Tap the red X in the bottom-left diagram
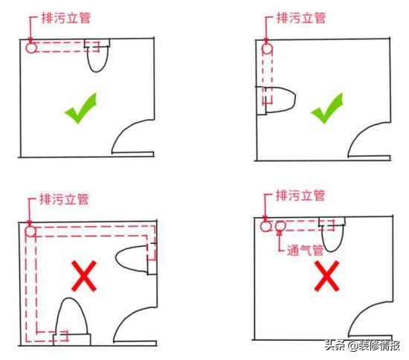pos(84,276)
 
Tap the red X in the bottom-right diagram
pos(327,276)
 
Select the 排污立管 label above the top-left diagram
pos(66,19)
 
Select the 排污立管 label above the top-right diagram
pos(301,19)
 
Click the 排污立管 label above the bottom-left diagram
pos(64,199)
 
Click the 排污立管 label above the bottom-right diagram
pos(300,196)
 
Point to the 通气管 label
pos(305,251)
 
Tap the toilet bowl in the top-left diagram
pos(97,60)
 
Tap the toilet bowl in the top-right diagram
pos(280,100)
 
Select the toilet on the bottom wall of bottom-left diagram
pos(71,316)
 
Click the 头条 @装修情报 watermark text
pos(362,345)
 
